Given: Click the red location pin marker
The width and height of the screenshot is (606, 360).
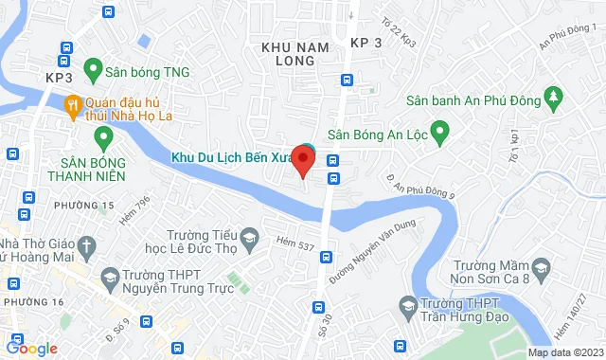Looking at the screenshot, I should pyautogui.click(x=303, y=159).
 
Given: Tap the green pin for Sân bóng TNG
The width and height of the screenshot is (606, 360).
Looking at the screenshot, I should pyautogui.click(x=93, y=68).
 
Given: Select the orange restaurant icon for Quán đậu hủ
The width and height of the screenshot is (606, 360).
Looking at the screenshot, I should pyautogui.click(x=72, y=104).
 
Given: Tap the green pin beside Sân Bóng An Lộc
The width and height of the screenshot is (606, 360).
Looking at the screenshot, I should pyautogui.click(x=439, y=132).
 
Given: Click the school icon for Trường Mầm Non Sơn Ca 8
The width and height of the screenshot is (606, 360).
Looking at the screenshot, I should pyautogui.click(x=541, y=266).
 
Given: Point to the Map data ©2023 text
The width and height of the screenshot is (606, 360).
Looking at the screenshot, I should pyautogui.click(x=565, y=353).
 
